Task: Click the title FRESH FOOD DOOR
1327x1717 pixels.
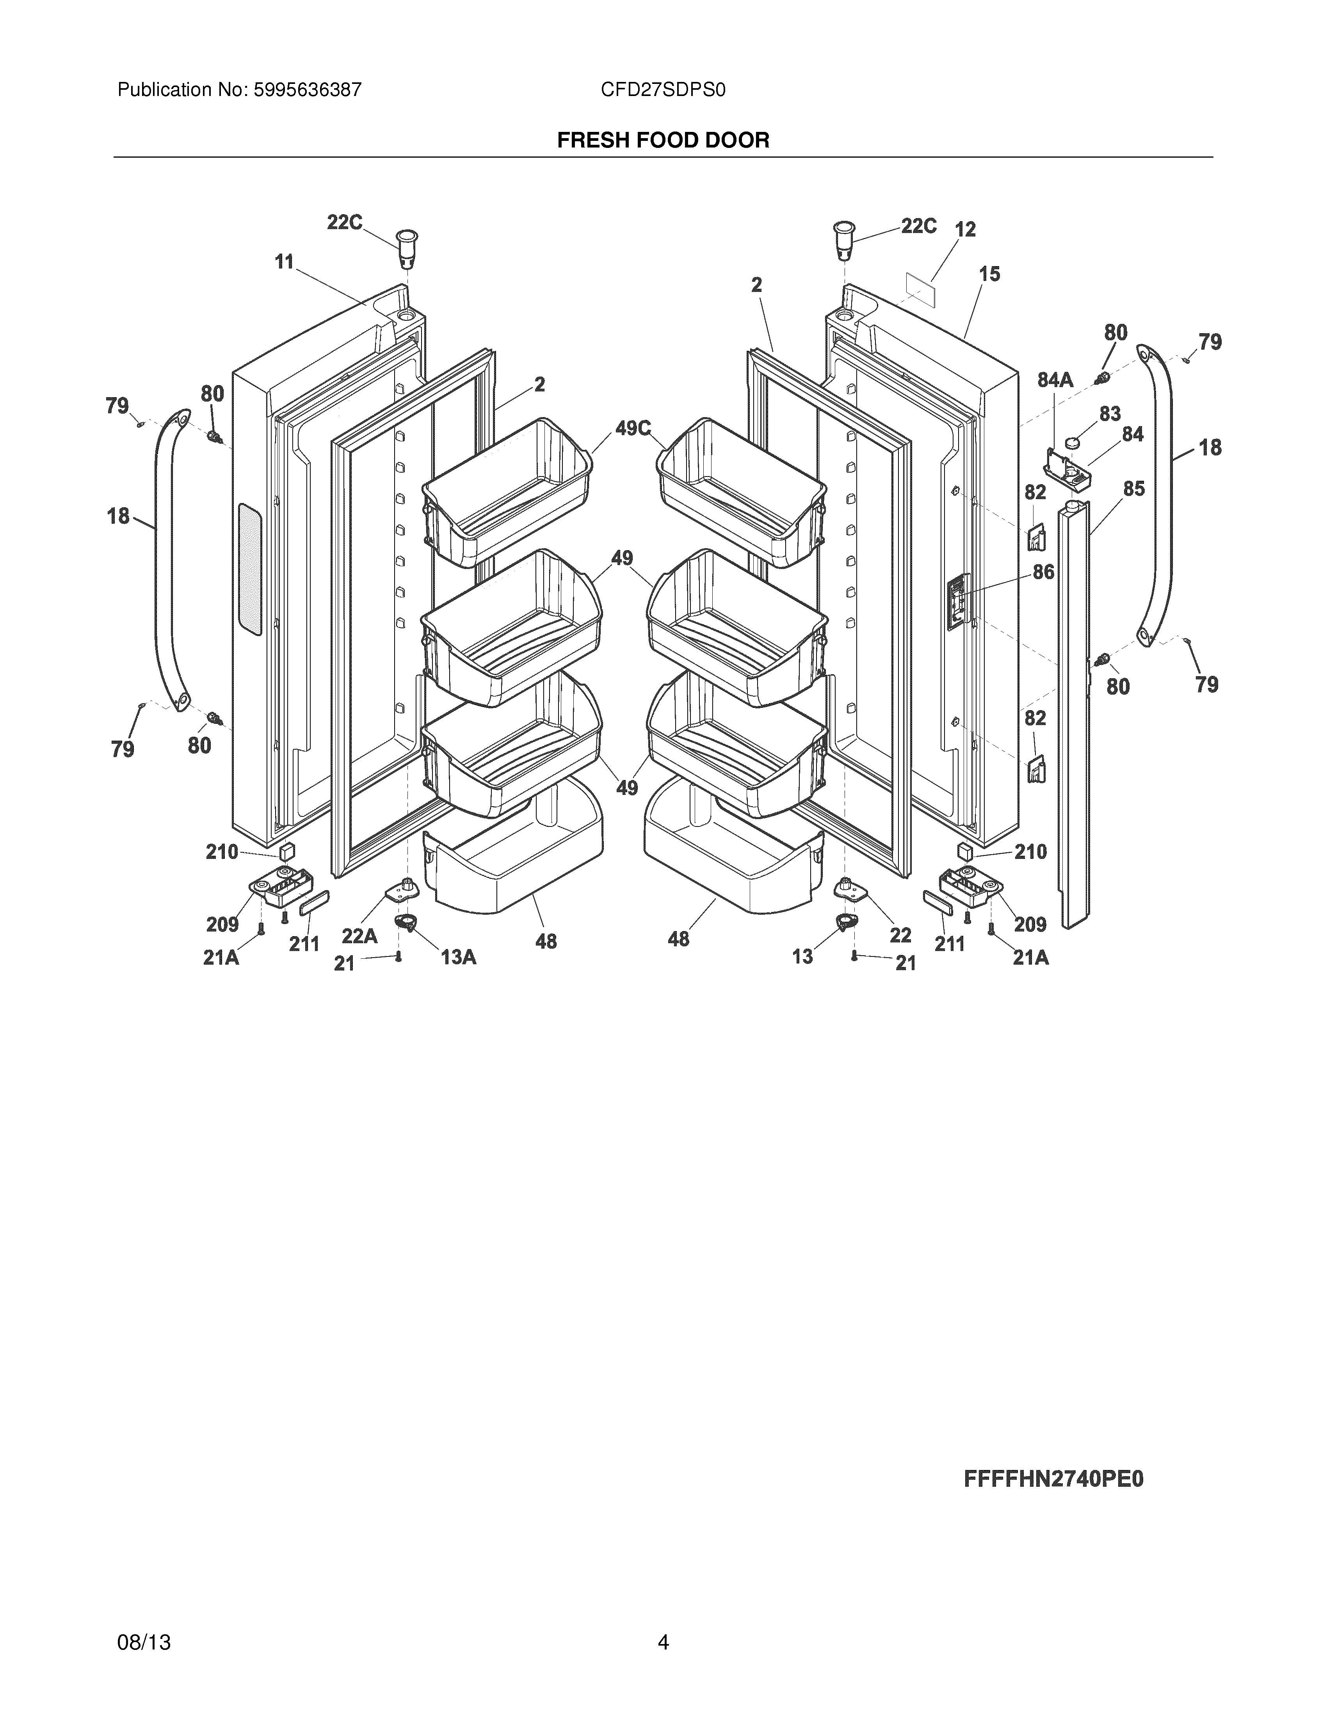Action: point(663,141)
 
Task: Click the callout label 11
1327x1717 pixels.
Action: point(284,262)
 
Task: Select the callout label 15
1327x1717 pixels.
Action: point(989,274)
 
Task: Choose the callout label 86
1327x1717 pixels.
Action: point(1043,572)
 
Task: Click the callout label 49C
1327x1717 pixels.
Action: point(633,428)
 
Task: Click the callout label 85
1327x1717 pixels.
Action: point(1133,489)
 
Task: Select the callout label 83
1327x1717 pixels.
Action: point(1109,414)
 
